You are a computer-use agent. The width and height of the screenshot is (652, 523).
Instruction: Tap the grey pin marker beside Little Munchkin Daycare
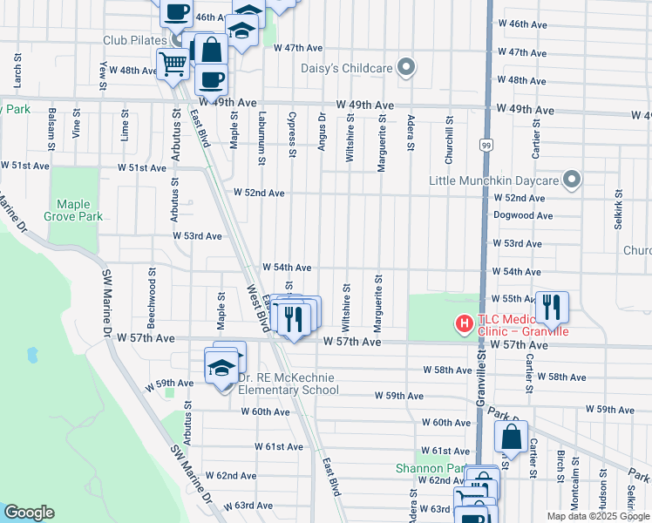pos(572,180)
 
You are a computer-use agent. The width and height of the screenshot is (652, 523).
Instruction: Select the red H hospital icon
pos(465,324)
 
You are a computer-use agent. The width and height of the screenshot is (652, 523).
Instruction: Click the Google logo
pos(29,513)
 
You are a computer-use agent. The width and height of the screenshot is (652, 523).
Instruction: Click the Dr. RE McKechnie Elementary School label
pos(289,384)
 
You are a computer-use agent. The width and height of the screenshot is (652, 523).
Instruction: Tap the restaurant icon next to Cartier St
pos(551,307)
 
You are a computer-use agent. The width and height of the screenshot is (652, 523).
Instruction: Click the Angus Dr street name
pos(322,132)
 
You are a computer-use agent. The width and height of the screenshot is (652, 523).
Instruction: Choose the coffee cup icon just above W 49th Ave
pos(210,80)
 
